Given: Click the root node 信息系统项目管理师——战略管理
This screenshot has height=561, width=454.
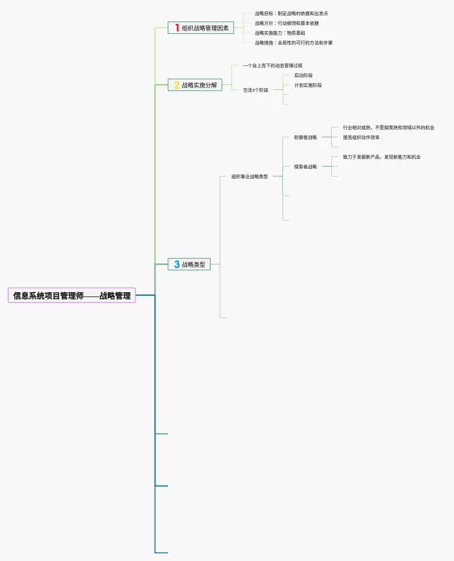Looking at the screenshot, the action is (72, 295).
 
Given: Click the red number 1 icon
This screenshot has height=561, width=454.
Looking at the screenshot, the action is (177, 28).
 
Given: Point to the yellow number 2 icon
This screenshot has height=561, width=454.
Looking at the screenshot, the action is (177, 85).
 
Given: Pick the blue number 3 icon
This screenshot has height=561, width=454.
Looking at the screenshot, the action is (177, 265).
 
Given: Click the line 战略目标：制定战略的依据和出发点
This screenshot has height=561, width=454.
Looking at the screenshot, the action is (291, 13).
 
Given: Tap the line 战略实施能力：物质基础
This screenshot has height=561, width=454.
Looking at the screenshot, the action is (279, 33).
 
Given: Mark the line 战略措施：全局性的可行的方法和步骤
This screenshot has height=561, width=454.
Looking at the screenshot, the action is (293, 43).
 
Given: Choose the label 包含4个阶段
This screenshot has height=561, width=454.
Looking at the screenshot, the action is (255, 90).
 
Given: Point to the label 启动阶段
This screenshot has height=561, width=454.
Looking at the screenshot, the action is (303, 75).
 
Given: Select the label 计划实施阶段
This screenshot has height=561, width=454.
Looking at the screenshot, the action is (307, 85).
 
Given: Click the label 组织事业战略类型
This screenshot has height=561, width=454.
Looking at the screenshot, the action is (250, 177).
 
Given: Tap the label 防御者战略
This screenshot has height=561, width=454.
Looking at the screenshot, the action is (306, 138).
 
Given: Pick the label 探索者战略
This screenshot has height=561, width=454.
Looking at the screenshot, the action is (306, 167).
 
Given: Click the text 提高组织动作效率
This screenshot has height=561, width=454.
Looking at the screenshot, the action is (361, 138).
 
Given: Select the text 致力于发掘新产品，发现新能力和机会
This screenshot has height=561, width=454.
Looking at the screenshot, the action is (382, 157).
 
